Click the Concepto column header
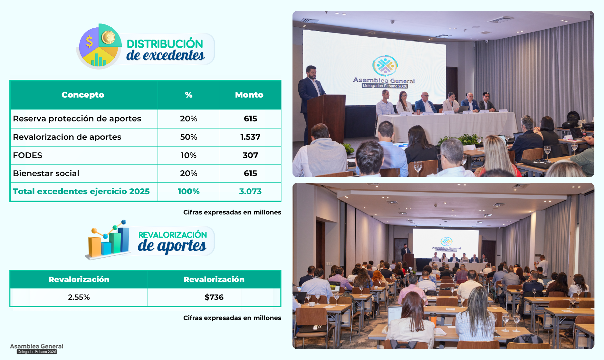pos(83,95)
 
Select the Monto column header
pos(249,95)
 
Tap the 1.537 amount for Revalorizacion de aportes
pos(250,137)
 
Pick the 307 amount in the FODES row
pos(250,155)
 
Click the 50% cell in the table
pos(188,137)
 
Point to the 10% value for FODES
pos(188,155)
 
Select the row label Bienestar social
pos(46,173)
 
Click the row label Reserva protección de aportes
pos(77,119)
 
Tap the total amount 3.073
pos(250,191)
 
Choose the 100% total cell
pos(188,191)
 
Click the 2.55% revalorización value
pos(79,297)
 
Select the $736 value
pos(214,297)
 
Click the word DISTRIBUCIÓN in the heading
pos(165,44)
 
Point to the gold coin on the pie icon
pos(108,38)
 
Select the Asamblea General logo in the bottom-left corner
pos(37,349)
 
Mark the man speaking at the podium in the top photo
pos(309,97)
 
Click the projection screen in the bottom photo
pos(446,244)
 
